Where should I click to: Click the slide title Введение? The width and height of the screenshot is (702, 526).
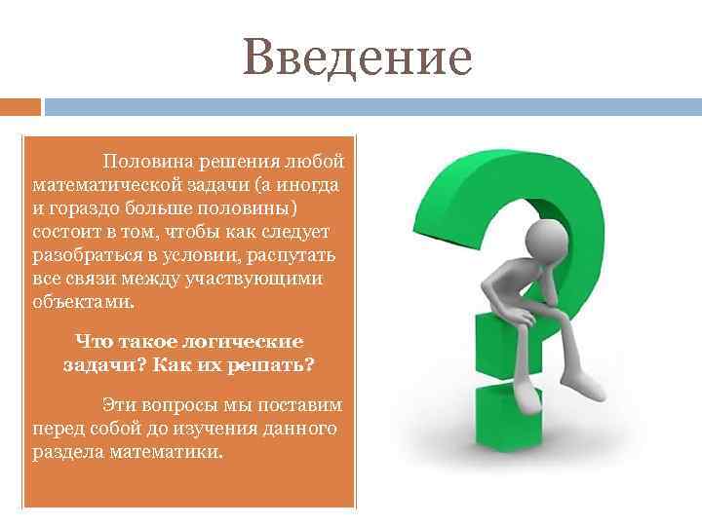pos(358,57)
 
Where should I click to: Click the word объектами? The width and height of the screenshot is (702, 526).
pos(83,303)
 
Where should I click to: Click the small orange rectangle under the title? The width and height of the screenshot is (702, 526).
pos(20,106)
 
